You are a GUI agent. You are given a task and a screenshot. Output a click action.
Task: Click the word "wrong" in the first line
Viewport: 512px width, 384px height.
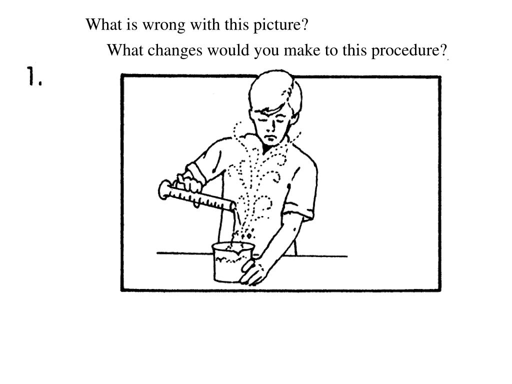pos(164,25)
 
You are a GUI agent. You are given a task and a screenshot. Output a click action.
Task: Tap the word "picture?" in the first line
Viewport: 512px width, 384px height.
pos(281,24)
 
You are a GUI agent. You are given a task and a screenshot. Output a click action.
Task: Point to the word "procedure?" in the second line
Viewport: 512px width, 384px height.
pos(409,50)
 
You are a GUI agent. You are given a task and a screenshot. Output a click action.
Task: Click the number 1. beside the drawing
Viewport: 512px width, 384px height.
pos(34,76)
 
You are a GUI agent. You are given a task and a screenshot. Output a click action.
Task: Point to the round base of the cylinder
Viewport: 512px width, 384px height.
pos(164,189)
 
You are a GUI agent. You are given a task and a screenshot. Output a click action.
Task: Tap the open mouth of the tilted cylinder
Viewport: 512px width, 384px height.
pos(233,206)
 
